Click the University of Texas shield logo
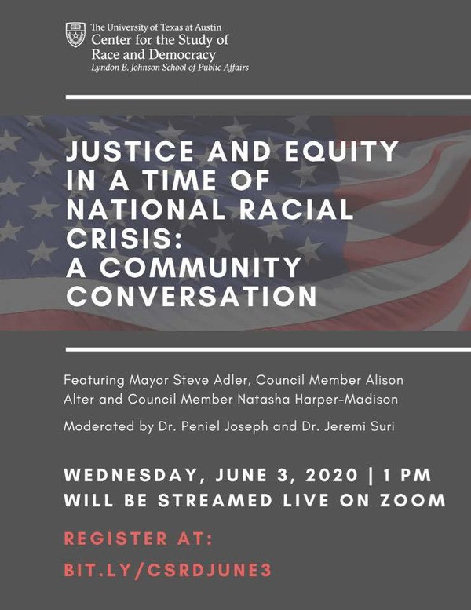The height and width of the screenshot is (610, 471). tap(75, 35)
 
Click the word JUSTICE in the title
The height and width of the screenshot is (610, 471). tap(130, 152)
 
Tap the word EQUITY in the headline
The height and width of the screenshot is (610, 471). tap(341, 152)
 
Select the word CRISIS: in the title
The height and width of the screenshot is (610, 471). tap(124, 238)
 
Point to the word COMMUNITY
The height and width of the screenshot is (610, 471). tap(200, 267)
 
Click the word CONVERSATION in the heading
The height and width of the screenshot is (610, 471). tap(192, 297)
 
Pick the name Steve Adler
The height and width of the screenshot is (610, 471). tap(210, 380)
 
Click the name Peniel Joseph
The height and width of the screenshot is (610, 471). tap(225, 426)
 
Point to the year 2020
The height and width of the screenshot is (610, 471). tap(331, 475)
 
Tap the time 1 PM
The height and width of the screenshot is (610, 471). tap(407, 475)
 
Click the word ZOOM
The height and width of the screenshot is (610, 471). tap(413, 500)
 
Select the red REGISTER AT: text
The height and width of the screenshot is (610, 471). tap(138, 539)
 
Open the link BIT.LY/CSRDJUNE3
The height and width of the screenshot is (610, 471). tap(168, 570)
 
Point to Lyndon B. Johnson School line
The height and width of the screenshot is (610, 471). tap(170, 68)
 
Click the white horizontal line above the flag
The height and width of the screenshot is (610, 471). tap(268, 97)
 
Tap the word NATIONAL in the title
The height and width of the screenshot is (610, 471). tap(146, 210)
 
